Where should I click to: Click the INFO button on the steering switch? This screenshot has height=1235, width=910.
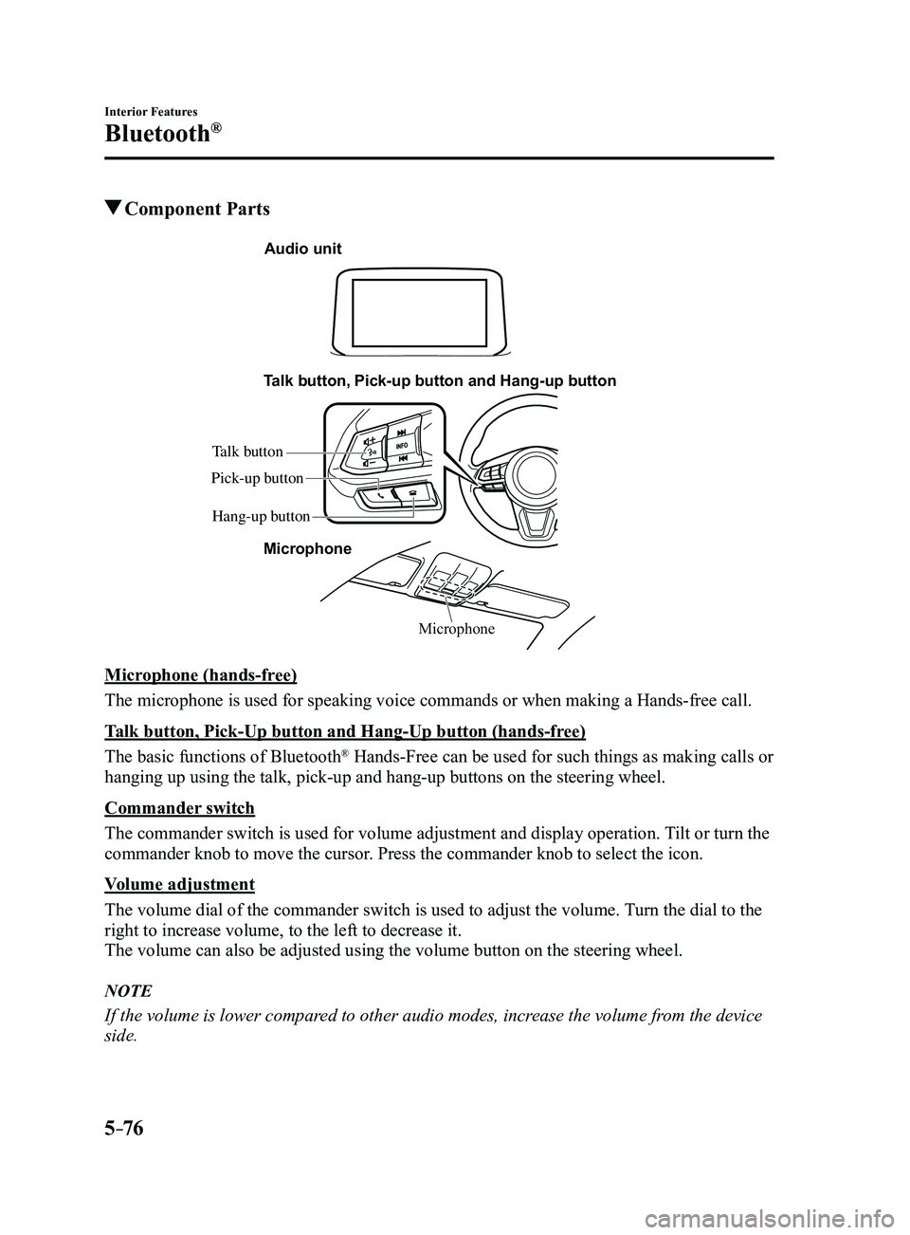coord(402,444)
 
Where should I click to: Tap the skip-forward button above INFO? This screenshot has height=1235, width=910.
coord(403,432)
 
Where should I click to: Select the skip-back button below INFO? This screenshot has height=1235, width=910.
coord(403,458)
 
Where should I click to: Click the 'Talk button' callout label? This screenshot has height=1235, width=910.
coord(247,452)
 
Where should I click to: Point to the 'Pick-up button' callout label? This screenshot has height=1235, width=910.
coord(257,478)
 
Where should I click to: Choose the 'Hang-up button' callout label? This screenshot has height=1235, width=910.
coord(261,517)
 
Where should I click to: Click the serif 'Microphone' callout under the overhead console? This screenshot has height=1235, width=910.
coord(457,629)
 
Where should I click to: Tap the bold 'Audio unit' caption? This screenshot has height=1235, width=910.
coord(303,249)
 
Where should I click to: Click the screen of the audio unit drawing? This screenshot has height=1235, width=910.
coord(420,313)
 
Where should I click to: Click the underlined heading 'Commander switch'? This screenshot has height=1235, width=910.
coord(179,808)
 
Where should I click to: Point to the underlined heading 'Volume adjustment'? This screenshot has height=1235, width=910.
coord(179,884)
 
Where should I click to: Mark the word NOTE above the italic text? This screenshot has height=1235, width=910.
coord(128,991)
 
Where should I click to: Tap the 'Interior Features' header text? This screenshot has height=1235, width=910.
coord(151,112)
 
